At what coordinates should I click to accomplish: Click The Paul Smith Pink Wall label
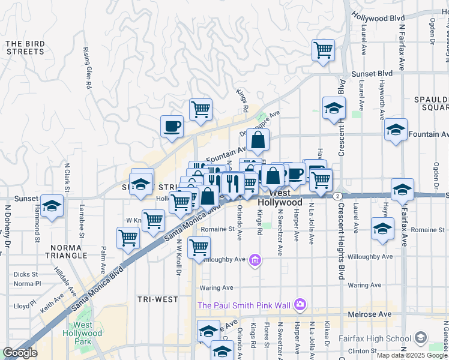tap(244, 305)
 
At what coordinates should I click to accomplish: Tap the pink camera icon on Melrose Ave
tap(300, 305)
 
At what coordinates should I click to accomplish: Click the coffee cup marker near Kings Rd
tap(172, 127)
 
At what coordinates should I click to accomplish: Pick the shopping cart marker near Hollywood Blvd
tap(323, 50)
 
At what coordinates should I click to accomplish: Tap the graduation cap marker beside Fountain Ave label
tap(396, 130)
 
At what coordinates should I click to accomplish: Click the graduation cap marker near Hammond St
tap(52, 206)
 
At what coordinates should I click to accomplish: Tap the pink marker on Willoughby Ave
tap(255, 260)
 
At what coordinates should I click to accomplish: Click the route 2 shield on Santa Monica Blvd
tap(339, 196)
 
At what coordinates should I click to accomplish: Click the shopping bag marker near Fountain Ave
tap(258, 140)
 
